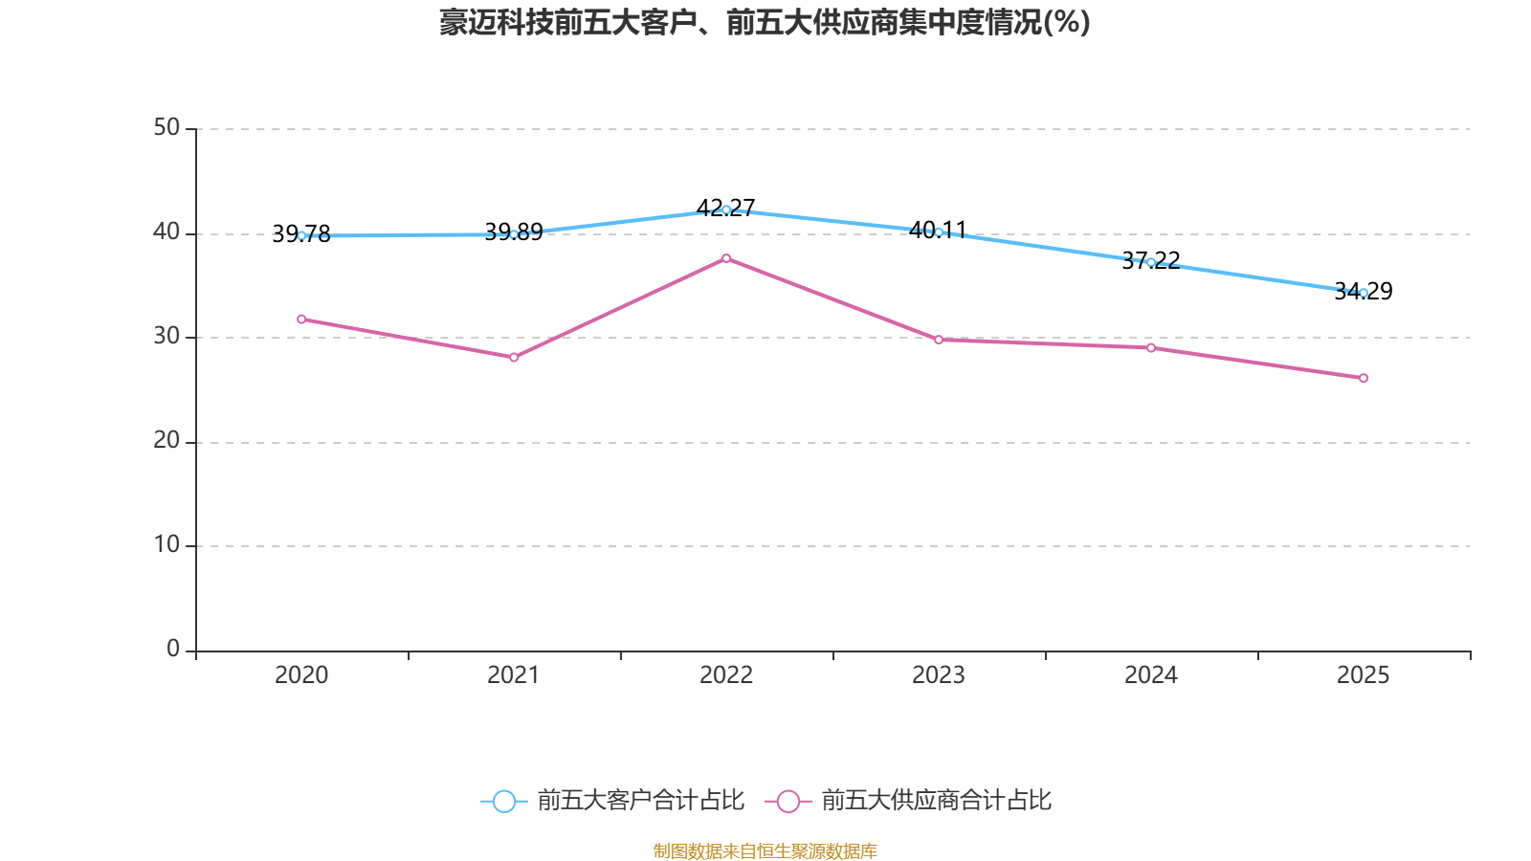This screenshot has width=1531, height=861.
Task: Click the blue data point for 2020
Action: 301,235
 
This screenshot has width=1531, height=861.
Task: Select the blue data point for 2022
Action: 726,210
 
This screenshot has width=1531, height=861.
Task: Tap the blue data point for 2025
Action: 1364,293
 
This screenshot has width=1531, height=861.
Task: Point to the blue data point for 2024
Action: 1151,262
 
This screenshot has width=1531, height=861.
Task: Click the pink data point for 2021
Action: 514,358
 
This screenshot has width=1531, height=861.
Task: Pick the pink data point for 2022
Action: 726,258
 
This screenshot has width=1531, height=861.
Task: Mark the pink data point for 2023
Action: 939,340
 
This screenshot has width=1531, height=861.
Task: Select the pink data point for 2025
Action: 1364,378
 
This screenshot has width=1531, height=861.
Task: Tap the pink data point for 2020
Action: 301,319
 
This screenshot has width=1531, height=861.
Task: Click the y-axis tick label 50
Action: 166,127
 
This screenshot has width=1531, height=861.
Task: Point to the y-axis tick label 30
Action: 166,336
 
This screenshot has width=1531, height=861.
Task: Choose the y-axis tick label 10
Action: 166,544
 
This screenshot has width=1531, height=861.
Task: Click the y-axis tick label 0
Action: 173,649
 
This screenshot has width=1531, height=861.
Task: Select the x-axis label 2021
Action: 514,675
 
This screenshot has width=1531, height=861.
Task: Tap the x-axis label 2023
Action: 939,675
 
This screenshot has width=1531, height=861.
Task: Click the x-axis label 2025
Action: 1363,675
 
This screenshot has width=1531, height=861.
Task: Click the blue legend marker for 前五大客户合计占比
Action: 503,801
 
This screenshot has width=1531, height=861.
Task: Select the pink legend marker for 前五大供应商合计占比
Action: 788,801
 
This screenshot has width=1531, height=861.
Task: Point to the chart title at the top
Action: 765,22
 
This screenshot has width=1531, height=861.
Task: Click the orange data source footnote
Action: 765,850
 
